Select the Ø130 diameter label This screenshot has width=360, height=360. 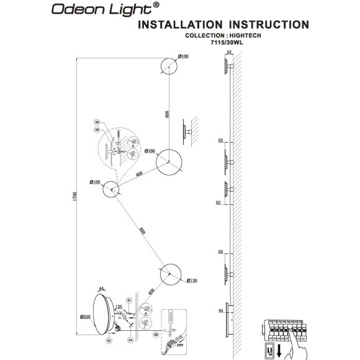click(191, 282)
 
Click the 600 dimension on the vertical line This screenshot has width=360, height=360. click(167, 114)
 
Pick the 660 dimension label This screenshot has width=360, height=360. click(143, 232)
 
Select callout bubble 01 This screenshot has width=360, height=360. click(130, 300)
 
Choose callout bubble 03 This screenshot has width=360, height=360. click(109, 341)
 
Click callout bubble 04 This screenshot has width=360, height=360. click(130, 341)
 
